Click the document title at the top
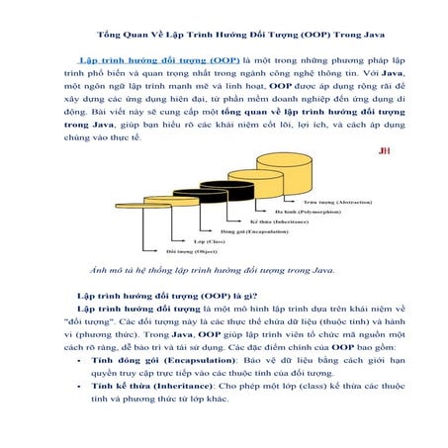(x=224, y=33)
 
